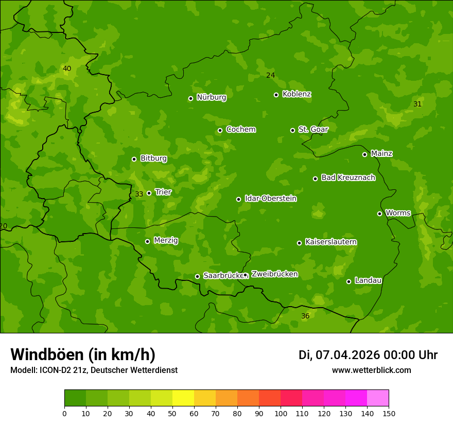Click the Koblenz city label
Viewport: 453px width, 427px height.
coord(297,94)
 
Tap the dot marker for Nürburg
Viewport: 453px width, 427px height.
coord(190,98)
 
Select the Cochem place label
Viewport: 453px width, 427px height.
coord(240,129)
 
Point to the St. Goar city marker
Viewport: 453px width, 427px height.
coord(292,130)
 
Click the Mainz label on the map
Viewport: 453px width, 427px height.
coord(381,153)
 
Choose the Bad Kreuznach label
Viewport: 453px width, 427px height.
coord(348,177)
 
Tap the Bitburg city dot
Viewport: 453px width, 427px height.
coord(134,159)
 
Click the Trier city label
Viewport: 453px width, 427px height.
coord(163,192)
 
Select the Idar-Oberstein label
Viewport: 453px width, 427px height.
coord(270,198)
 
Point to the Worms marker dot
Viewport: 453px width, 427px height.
coord(379,213)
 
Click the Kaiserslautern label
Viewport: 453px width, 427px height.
coord(331,242)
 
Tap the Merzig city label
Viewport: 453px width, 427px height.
coord(166,240)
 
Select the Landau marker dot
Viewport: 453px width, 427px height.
coord(349,281)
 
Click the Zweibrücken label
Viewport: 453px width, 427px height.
coord(274,274)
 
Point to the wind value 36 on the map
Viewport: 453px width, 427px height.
coord(305,316)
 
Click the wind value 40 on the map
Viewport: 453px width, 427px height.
coord(67,68)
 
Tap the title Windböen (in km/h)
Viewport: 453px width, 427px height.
coord(83,354)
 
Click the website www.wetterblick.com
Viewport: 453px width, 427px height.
coord(371,370)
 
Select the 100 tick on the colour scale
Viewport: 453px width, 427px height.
coord(281,413)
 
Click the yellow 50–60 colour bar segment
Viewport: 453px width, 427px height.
coord(183,398)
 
